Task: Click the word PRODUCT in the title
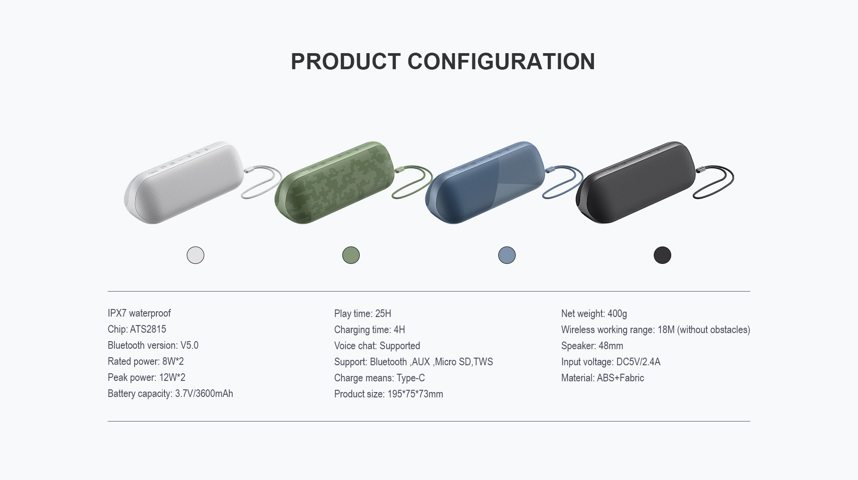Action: click(x=345, y=62)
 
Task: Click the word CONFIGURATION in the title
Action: click(x=501, y=62)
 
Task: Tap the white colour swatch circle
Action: click(x=195, y=255)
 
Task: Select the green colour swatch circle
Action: click(x=351, y=255)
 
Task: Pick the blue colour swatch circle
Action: click(x=507, y=255)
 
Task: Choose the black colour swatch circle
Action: click(x=662, y=255)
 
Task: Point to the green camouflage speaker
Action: click(x=335, y=183)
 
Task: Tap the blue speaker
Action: click(x=485, y=183)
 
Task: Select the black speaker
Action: click(x=636, y=183)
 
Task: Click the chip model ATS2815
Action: click(x=148, y=330)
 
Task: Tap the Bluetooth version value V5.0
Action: click(x=189, y=346)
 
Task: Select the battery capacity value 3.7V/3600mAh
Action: click(x=204, y=394)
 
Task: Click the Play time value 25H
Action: click(x=383, y=313)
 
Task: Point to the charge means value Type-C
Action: click(x=411, y=378)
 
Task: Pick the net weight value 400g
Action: click(x=617, y=314)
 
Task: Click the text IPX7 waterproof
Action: click(x=139, y=313)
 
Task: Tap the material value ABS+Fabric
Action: click(x=620, y=378)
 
